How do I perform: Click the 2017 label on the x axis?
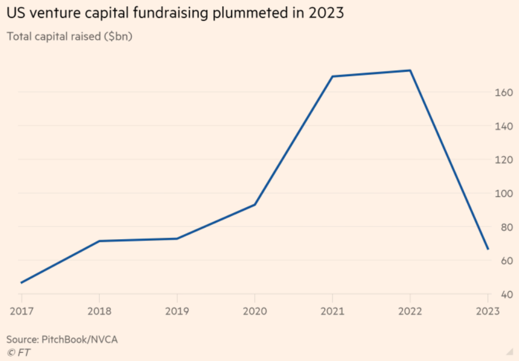[21, 311]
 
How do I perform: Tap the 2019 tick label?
[177, 311]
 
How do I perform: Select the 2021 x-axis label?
[332, 311]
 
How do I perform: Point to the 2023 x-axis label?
[488, 311]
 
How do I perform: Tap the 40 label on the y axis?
[507, 295]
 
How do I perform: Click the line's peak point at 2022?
[410, 70]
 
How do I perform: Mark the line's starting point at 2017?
[21, 283]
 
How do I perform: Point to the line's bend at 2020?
[255, 204]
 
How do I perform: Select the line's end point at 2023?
[488, 249]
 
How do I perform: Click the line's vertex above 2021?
[332, 76]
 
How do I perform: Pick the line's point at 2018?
[99, 241]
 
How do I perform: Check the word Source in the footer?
[23, 338]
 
